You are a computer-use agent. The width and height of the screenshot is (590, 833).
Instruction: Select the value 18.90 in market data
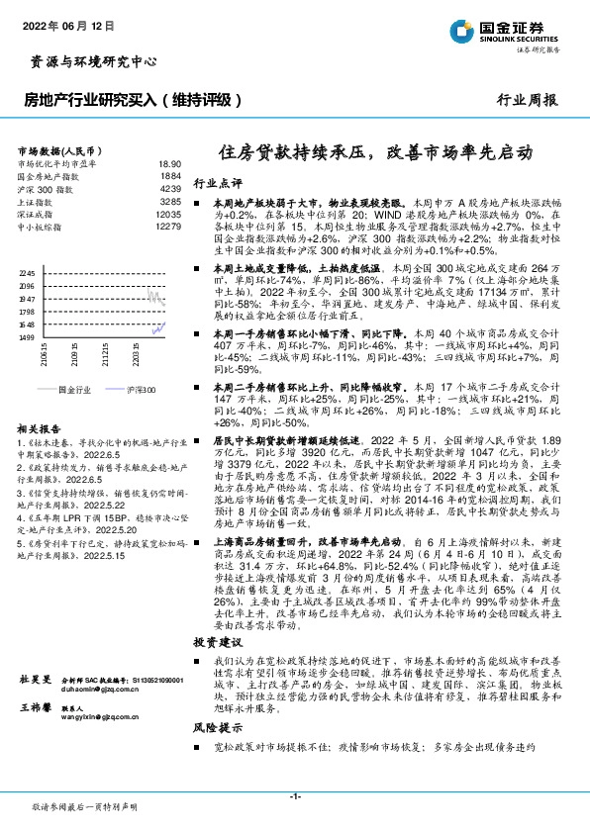point(169,163)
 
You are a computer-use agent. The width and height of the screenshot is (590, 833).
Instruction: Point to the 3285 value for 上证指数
point(171,201)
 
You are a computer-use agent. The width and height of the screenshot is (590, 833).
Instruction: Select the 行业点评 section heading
point(218,184)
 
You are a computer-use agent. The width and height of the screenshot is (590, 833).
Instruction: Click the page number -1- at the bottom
point(294,796)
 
